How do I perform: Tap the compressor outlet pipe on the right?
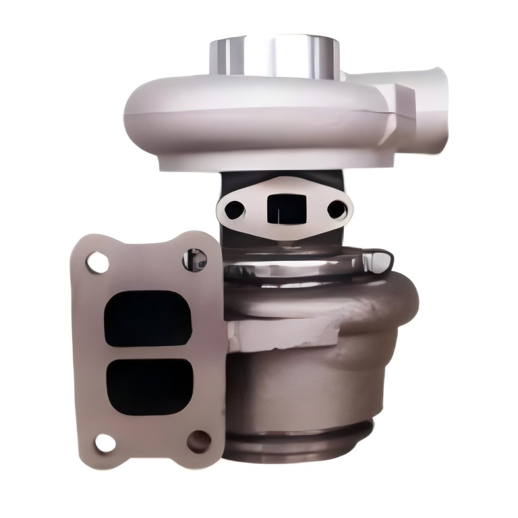click(430, 109)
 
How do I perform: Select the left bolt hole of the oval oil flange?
click(234, 209)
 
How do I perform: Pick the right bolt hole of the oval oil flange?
click(337, 209)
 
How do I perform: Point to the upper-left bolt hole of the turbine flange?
click(97, 263)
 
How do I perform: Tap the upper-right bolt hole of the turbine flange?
click(195, 260)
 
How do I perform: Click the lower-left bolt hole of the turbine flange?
click(105, 443)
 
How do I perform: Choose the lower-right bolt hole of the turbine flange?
click(199, 441)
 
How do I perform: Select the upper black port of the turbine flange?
click(148, 318)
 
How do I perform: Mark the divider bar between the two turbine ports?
click(149, 353)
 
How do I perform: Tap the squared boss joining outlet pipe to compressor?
click(397, 114)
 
